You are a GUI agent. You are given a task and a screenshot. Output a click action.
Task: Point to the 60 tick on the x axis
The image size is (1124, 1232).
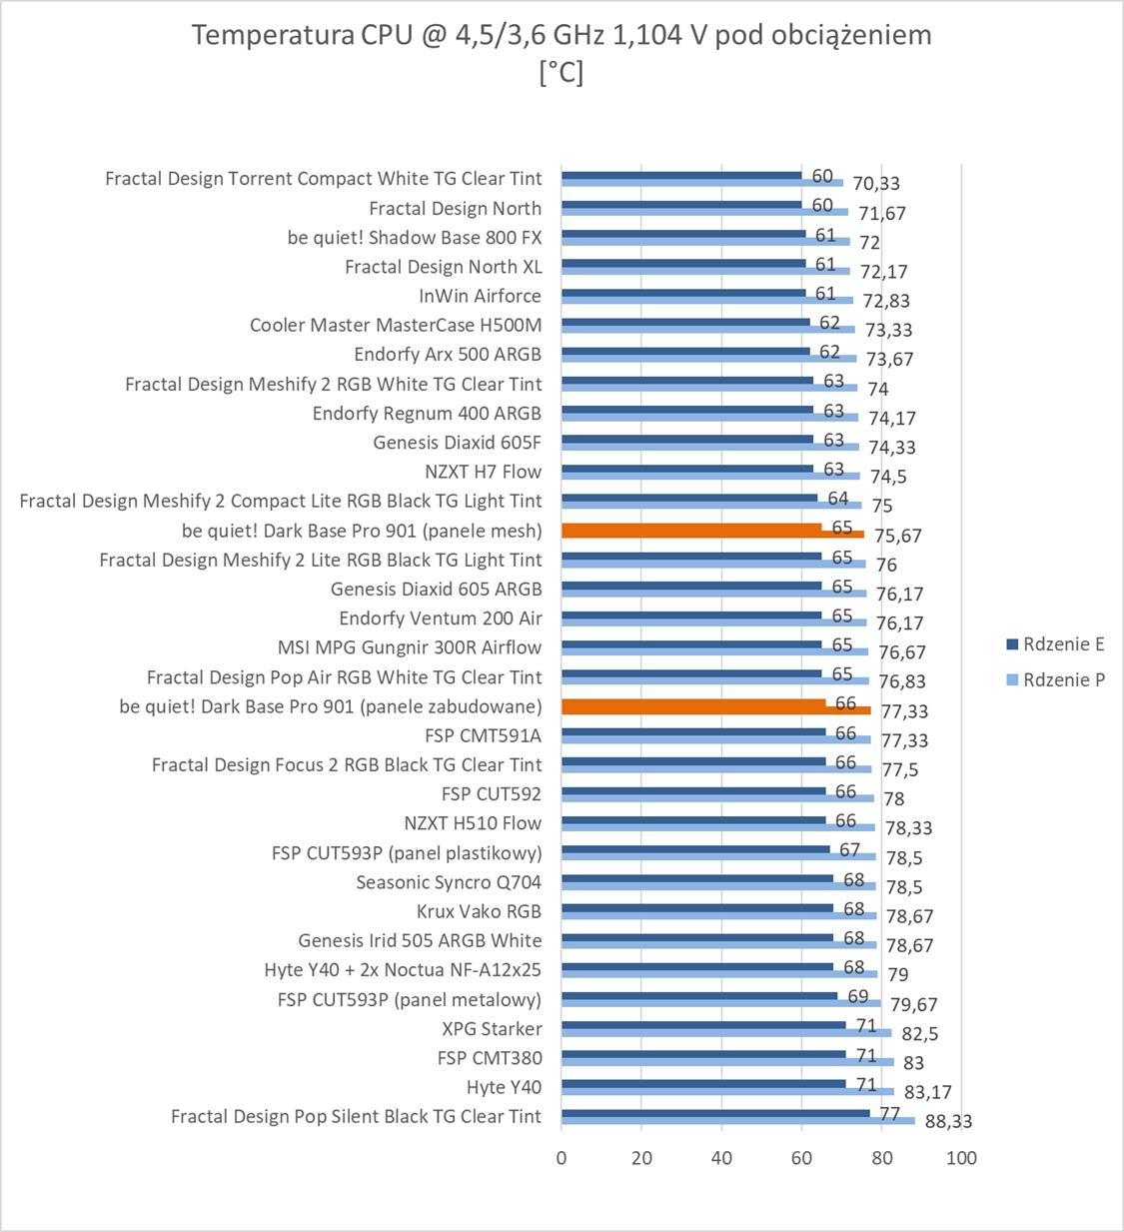pyautogui.click(x=801, y=1158)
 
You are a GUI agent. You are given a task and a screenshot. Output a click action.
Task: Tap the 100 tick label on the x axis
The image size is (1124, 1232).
pyautogui.click(x=961, y=1158)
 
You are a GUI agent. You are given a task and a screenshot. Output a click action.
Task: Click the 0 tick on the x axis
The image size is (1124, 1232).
pyautogui.click(x=562, y=1158)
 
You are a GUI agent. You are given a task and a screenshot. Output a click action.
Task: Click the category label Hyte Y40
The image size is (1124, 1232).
pyautogui.click(x=504, y=1087)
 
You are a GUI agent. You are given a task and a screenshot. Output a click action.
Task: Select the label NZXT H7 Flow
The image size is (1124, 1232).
pyautogui.click(x=483, y=472)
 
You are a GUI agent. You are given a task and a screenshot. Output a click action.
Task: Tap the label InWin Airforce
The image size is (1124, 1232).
pyautogui.click(x=480, y=296)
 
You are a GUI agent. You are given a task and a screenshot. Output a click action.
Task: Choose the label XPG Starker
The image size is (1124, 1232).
pyautogui.click(x=492, y=1029)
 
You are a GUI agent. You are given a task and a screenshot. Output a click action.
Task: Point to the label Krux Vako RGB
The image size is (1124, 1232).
pyautogui.click(x=479, y=911)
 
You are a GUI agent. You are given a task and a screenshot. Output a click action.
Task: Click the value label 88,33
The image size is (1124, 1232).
pyautogui.click(x=948, y=1121)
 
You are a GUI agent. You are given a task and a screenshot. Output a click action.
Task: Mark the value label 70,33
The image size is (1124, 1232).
pyautogui.click(x=876, y=183)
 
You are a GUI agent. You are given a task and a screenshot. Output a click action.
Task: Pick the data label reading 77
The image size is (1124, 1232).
pyautogui.click(x=889, y=1114)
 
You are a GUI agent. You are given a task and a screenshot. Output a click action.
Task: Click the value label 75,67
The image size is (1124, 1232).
pyautogui.click(x=898, y=536)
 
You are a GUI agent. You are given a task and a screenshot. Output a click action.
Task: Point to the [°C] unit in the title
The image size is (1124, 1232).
pyautogui.click(x=561, y=72)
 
